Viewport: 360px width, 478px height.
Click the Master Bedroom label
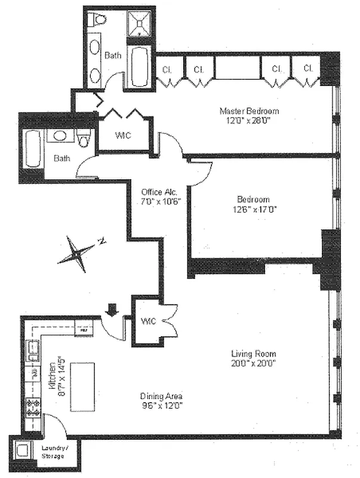(249, 111)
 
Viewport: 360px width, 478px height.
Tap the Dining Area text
(161, 396)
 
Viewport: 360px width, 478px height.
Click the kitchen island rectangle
(82, 386)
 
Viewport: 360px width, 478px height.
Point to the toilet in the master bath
(96, 20)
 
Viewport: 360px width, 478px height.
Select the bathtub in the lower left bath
(32, 149)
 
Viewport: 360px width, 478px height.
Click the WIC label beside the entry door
(148, 321)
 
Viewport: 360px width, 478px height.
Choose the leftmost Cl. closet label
(167, 69)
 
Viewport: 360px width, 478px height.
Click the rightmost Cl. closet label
(308, 69)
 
